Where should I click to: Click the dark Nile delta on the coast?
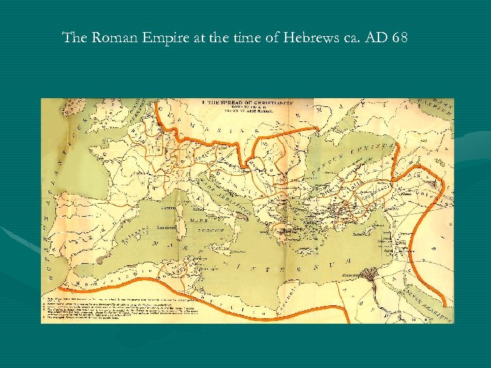tap(374, 275)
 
